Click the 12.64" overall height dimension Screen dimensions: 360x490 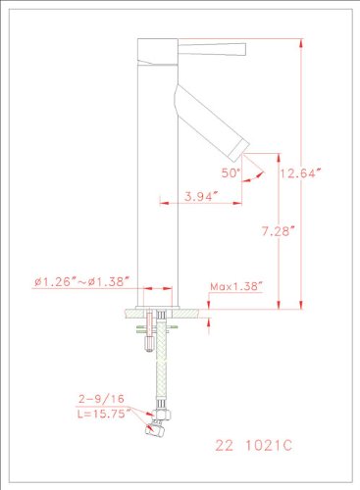coord(299,173)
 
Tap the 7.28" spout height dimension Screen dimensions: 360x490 coord(277,231)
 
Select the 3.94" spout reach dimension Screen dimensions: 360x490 coord(200,197)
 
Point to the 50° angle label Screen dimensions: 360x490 coord(231,172)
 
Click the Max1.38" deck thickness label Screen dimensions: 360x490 coord(236,287)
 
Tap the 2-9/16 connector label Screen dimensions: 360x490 coord(101,399)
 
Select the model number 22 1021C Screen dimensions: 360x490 coord(254,446)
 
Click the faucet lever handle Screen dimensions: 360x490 coord(212,49)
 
